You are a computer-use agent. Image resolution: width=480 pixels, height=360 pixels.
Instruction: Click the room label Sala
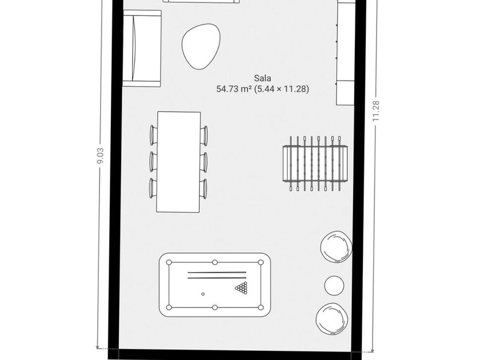[x=263, y=78]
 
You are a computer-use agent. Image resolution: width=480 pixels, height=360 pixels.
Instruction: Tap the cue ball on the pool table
[x=203, y=294]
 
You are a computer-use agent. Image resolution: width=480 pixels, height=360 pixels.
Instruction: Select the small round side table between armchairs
[x=334, y=284]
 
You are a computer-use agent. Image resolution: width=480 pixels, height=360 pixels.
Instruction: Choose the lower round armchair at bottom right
[x=333, y=319]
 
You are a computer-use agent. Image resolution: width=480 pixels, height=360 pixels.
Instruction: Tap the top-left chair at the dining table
[x=153, y=134]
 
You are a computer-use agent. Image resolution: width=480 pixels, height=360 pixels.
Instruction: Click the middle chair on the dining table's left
[x=153, y=161]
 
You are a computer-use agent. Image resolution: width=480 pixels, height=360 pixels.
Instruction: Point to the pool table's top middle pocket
[x=215, y=262]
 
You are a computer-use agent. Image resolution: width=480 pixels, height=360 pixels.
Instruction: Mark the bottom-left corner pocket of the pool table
[x=169, y=308]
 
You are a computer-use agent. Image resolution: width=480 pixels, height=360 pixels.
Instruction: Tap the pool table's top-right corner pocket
[x=261, y=262]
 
